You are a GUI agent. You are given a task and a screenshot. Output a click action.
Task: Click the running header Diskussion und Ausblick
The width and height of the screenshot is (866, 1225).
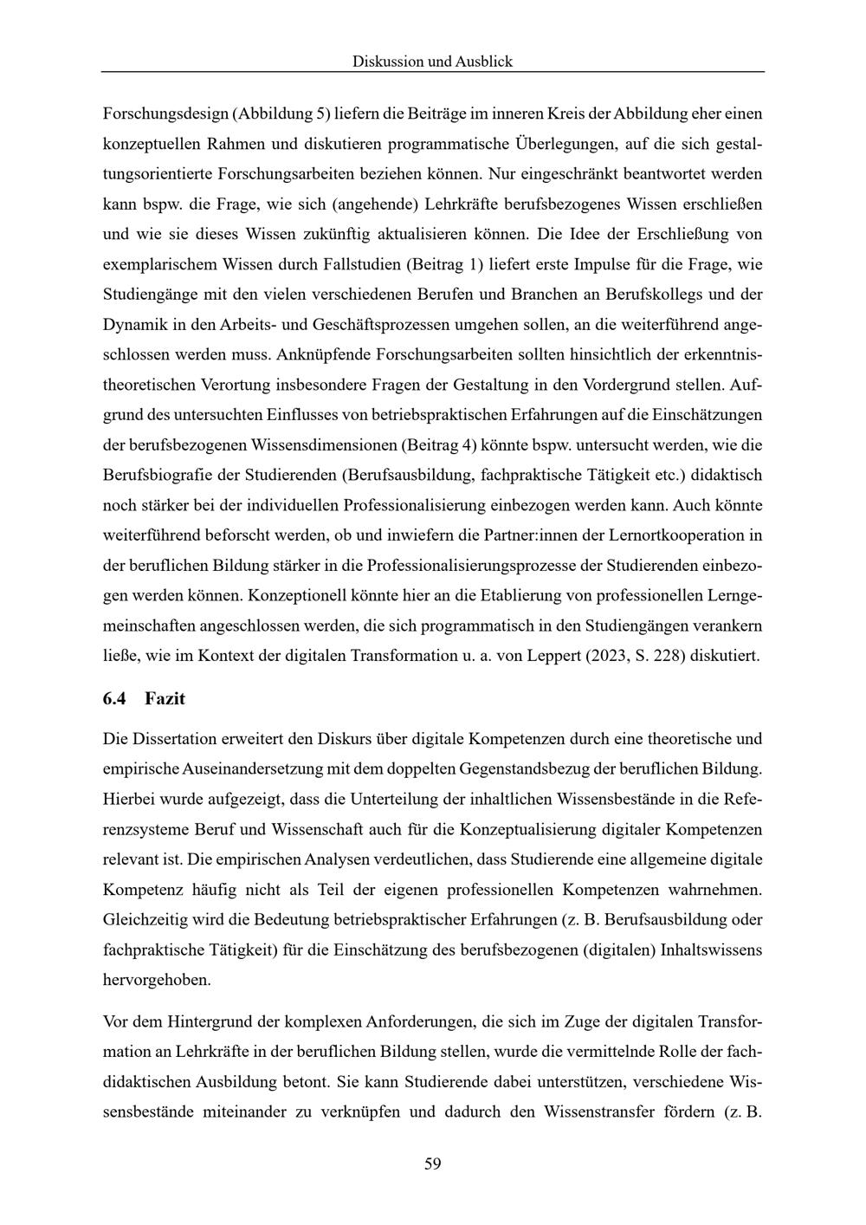coord(432,62)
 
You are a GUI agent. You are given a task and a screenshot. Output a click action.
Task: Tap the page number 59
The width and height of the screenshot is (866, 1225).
coord(433,1163)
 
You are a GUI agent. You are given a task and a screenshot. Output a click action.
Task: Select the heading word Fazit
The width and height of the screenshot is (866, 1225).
coord(165,698)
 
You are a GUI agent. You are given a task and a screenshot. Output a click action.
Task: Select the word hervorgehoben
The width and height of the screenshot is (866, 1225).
coord(157,980)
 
